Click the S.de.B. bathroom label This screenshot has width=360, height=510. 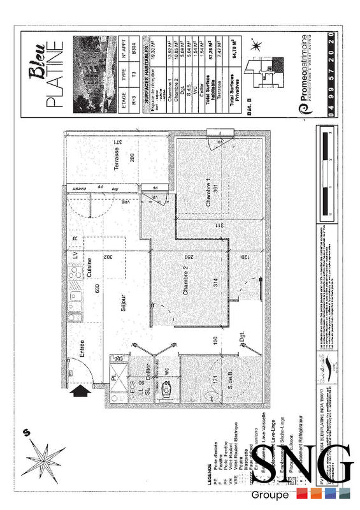[x=228, y=381]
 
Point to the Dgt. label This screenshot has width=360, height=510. [x=242, y=339]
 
